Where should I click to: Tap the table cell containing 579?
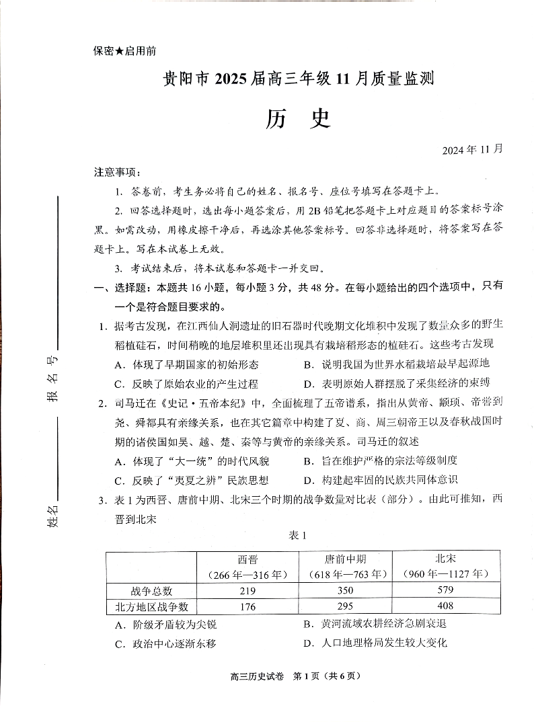(x=445, y=590)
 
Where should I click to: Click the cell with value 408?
(x=445, y=606)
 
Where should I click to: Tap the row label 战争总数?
(x=152, y=591)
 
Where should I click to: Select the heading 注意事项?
(x=118, y=172)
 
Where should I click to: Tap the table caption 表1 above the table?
(x=297, y=535)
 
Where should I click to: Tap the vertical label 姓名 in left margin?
(x=53, y=516)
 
